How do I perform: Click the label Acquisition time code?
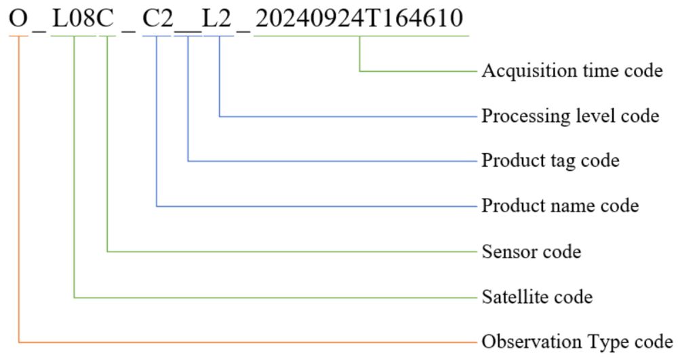[572, 71]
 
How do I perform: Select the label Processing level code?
[570, 116]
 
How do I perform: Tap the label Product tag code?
[551, 161]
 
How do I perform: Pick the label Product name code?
[561, 205]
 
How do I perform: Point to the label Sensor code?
[532, 252]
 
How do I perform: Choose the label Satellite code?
[537, 297]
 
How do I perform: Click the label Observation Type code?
[577, 342]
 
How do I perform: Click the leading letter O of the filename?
[18, 18]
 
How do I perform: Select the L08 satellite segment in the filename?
[73, 18]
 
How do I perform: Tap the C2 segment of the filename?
[158, 18]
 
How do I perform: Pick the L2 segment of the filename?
[218, 18]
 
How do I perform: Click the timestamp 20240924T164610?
[359, 18]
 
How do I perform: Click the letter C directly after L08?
[105, 18]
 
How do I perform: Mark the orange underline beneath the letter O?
[18, 36]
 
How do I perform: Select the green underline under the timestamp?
[361, 36]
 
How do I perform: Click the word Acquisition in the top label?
[525, 71]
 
